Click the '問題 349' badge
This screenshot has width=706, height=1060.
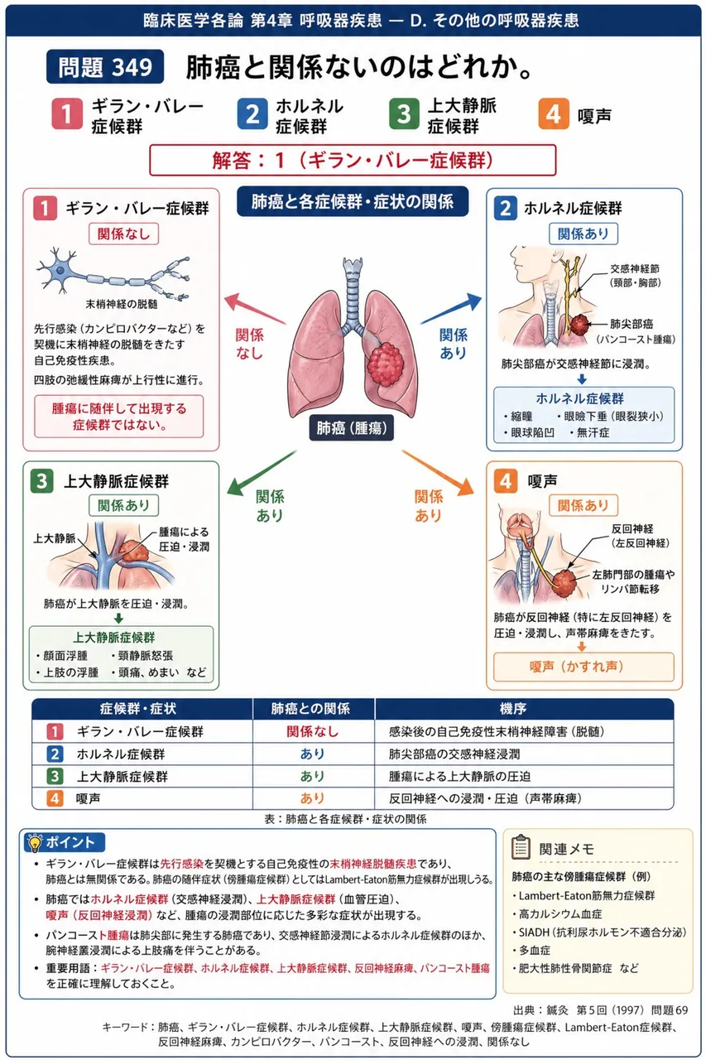pyautogui.click(x=105, y=67)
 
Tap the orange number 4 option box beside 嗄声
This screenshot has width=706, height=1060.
pyautogui.click(x=553, y=114)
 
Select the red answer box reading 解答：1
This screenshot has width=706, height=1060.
pyautogui.click(x=353, y=161)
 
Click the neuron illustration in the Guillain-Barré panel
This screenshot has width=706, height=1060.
pyautogui.click(x=114, y=273)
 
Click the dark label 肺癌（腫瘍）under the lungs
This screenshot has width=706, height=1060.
pyautogui.click(x=352, y=428)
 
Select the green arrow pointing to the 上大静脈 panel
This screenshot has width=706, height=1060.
pyautogui.click(x=262, y=473)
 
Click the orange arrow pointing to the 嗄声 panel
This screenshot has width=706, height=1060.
pyautogui.click(x=438, y=473)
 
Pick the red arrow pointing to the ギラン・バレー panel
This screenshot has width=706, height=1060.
pyautogui.click(x=255, y=309)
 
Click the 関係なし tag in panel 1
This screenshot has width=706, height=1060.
pyautogui.click(x=123, y=234)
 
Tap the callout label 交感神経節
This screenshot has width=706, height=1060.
pyautogui.click(x=634, y=269)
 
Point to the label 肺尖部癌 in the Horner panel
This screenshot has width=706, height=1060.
pyautogui.click(x=632, y=324)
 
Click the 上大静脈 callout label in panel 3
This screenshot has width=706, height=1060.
pyautogui.click(x=55, y=538)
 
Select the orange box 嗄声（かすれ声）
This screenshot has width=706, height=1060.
pyautogui.click(x=584, y=667)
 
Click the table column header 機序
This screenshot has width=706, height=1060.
pyautogui.click(x=513, y=708)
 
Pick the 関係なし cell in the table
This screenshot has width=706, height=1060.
pyautogui.click(x=313, y=731)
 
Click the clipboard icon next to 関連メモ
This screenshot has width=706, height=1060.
pyautogui.click(x=521, y=846)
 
